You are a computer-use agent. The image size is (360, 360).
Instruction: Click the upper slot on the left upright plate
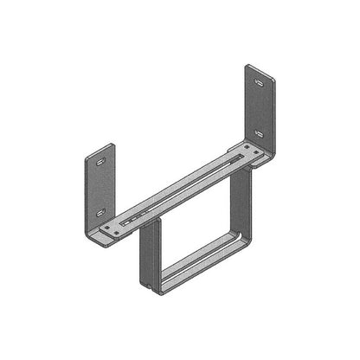[x=101, y=162]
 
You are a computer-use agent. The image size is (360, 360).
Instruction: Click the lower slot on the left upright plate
[x=101, y=212]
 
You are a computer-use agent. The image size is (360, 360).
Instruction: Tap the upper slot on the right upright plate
[x=260, y=82]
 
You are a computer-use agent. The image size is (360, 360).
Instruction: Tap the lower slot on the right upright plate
[x=260, y=134]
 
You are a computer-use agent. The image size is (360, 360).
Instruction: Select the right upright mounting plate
[x=260, y=108]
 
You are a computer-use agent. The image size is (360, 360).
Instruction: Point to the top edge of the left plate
[x=100, y=148]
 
